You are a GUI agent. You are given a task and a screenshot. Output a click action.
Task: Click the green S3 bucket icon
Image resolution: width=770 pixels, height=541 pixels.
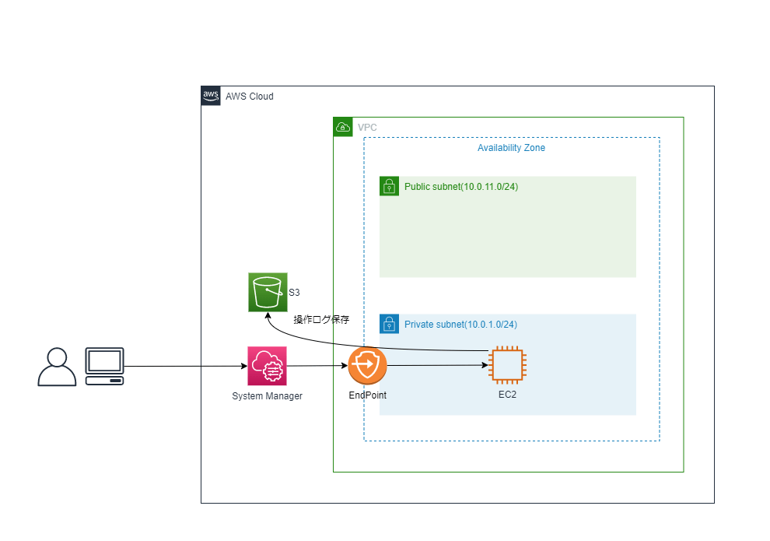click(268, 293)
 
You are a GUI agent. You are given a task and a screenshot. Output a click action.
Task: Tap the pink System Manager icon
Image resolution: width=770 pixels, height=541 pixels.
click(267, 366)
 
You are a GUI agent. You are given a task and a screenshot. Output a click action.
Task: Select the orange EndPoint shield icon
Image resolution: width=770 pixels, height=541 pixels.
click(367, 366)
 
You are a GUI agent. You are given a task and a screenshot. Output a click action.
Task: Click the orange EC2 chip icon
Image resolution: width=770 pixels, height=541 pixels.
click(508, 365)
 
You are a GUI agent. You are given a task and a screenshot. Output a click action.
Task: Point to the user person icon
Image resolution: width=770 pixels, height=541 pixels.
click(57, 367)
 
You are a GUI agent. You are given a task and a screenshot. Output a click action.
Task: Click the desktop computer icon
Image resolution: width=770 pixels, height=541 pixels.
click(104, 366)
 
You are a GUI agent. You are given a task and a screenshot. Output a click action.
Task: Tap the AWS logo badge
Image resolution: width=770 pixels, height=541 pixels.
click(211, 96)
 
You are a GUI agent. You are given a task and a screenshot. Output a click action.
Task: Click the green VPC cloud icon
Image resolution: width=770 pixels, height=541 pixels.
click(343, 127)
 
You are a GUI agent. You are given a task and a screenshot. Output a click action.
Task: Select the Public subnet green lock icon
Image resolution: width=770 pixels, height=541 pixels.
click(390, 186)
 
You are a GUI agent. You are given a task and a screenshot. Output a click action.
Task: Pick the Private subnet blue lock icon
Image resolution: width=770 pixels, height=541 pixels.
click(390, 324)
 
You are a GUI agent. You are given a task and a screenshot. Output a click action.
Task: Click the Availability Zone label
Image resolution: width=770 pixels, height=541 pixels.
click(511, 148)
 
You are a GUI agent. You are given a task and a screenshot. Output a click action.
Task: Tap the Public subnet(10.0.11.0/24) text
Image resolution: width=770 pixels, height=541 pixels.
click(461, 187)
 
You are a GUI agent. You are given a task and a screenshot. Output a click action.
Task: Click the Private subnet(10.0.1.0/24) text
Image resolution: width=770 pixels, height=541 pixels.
click(460, 325)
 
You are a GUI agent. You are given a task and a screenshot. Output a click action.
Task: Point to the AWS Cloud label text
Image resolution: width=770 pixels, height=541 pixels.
click(250, 97)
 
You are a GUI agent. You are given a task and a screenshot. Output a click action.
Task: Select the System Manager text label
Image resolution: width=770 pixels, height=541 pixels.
click(267, 396)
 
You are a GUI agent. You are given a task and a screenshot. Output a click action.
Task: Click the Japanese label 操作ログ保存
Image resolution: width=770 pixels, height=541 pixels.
click(321, 319)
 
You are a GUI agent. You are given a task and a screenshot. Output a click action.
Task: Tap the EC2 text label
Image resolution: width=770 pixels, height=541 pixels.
click(507, 395)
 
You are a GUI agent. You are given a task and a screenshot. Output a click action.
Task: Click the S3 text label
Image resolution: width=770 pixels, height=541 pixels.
click(294, 293)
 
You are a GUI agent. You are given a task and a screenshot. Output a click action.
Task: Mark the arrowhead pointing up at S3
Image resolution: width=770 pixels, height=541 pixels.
click(268, 315)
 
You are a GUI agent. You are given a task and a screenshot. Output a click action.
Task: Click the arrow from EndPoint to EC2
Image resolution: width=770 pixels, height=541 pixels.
click(438, 365)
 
